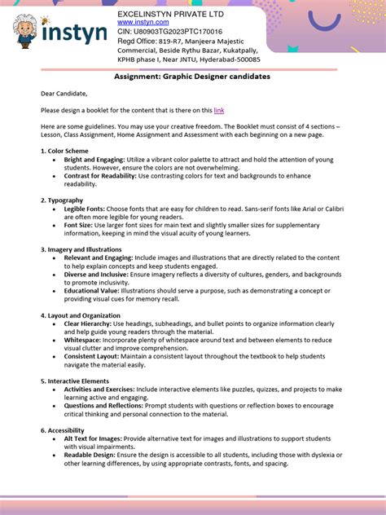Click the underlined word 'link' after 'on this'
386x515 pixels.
[x=218, y=109]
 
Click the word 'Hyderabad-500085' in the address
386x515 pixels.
[x=226, y=59]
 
